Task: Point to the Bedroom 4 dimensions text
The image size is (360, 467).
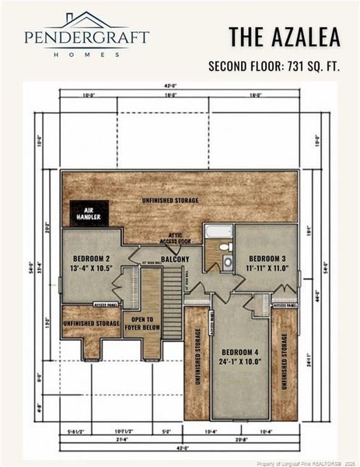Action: pos(241,360)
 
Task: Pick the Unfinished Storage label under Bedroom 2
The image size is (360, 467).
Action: pos(91,322)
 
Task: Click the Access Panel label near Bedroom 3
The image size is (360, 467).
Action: pos(285,306)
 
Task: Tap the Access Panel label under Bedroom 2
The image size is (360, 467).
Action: pos(107,305)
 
